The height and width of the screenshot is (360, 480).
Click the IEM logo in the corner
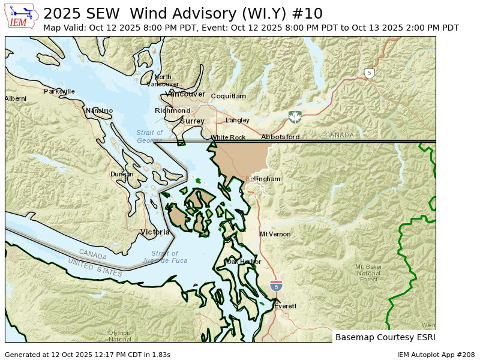(22, 16)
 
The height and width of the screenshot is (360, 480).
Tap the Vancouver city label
(186, 94)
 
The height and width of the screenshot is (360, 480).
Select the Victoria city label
(155, 232)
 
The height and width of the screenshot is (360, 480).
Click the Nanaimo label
(99, 110)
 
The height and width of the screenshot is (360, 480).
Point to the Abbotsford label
(280, 137)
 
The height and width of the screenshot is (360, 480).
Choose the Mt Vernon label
(275, 234)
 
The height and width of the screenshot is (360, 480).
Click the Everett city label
(285, 306)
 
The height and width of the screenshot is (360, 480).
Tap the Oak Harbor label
(244, 262)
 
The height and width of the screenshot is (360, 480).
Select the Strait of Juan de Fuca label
(165, 257)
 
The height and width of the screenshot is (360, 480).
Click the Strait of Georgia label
(149, 137)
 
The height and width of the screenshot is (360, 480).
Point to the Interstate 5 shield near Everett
(276, 287)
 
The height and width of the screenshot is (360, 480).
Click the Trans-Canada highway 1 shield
(295, 116)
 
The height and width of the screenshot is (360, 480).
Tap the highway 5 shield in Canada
(370, 73)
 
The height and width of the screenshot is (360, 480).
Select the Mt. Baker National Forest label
(368, 273)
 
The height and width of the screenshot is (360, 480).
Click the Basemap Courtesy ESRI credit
(385, 337)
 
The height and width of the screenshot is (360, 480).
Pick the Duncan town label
(122, 175)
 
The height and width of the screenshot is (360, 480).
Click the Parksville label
(59, 91)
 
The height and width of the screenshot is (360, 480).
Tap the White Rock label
(228, 137)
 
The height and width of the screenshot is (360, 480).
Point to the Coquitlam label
(228, 96)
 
